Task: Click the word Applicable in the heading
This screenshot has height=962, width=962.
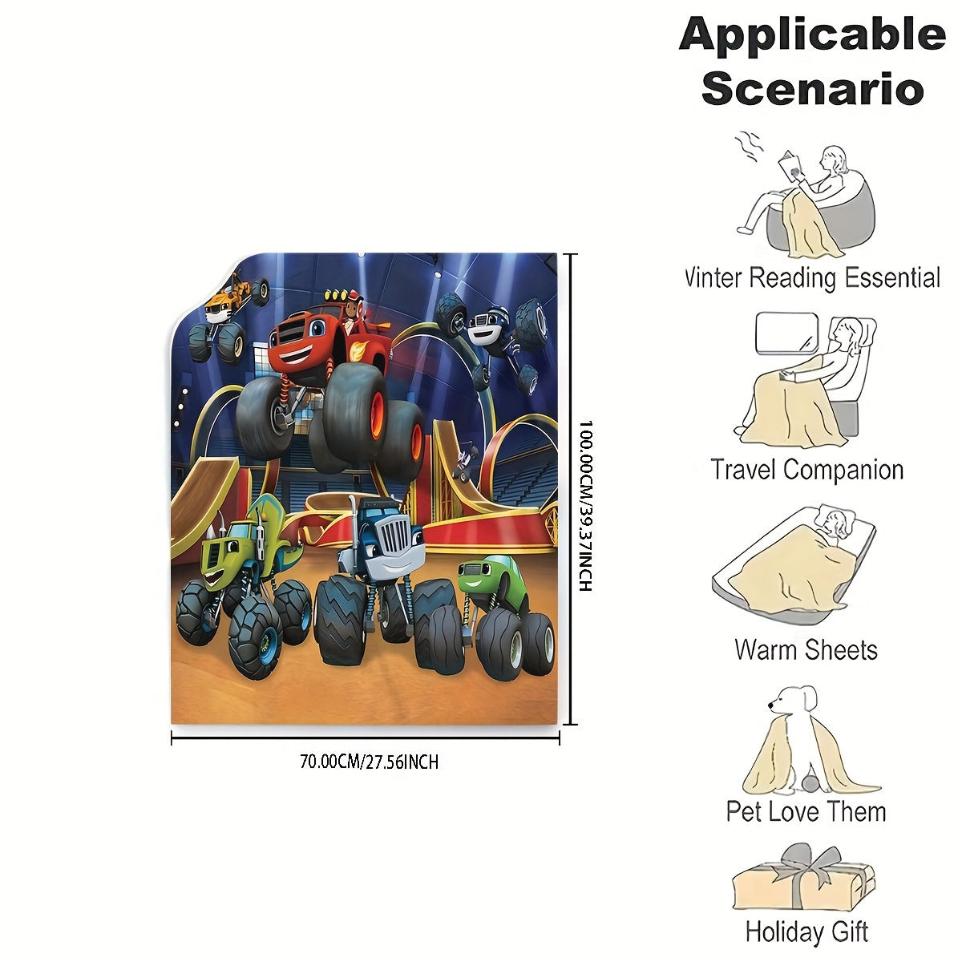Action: pos(812,35)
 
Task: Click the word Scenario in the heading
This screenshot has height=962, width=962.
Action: pos(812,88)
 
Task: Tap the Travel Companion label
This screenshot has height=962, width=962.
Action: pos(806,469)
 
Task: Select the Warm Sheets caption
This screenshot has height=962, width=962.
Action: pos(806,649)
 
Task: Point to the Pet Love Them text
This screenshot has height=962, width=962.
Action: pos(806,811)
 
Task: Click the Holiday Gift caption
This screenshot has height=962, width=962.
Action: pos(806,932)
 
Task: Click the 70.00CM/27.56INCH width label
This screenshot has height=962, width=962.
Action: pos(369,762)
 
